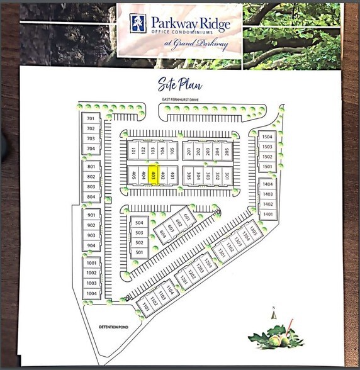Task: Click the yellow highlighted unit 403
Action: click(x=153, y=176)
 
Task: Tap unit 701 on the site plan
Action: click(x=91, y=118)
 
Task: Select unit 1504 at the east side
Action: click(x=267, y=137)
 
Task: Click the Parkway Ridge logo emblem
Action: click(x=135, y=23)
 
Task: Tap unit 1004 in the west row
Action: click(x=91, y=293)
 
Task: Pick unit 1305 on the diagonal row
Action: click(x=254, y=232)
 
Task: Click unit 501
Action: click(x=139, y=253)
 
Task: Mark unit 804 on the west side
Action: click(x=91, y=197)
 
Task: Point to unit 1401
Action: click(x=267, y=214)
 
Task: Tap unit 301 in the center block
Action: click(x=227, y=176)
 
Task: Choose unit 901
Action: click(x=91, y=215)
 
